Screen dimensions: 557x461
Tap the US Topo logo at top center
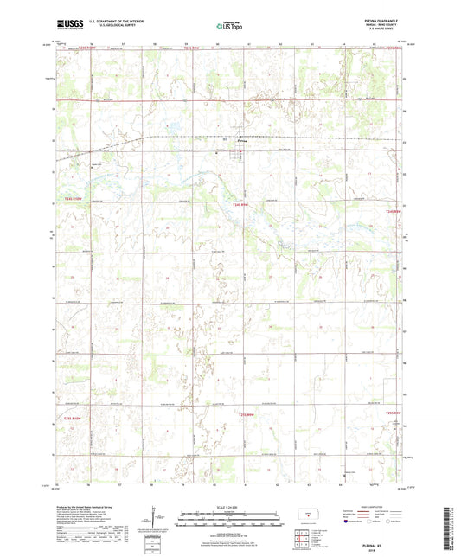tap(229, 26)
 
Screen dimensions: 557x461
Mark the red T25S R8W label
tap(394, 413)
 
